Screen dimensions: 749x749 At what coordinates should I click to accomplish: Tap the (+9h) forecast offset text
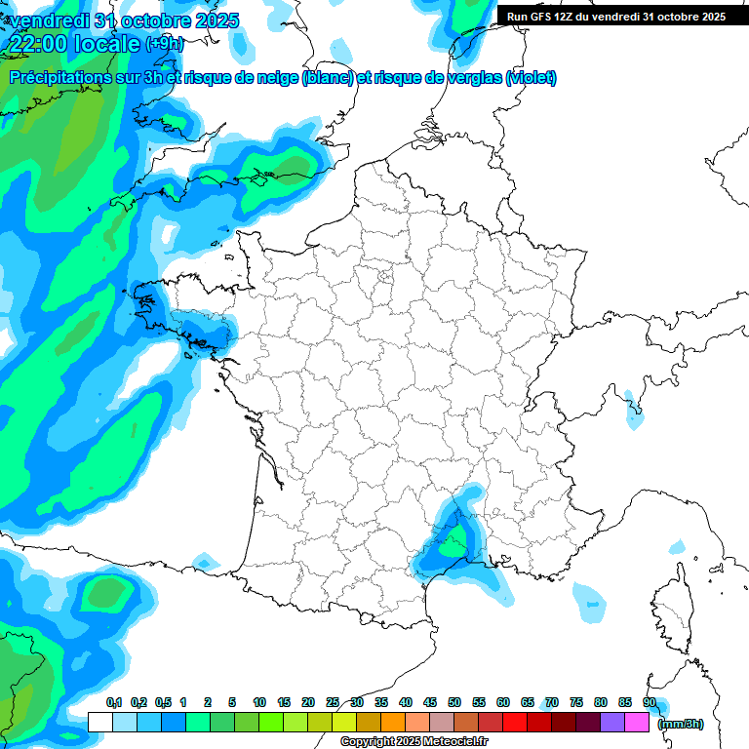coord(164,44)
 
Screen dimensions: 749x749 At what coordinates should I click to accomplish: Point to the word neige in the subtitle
coord(276,78)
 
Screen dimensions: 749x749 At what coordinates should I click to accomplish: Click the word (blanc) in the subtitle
coord(328,78)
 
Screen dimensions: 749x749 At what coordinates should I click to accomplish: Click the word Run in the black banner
coord(518,17)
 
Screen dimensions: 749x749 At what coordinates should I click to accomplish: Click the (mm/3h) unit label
coord(680,724)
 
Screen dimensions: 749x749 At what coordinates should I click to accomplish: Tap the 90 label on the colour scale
coord(649,702)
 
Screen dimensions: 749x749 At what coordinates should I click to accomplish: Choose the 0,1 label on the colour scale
coord(113,702)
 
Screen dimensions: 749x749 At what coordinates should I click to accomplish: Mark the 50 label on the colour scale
coord(454,702)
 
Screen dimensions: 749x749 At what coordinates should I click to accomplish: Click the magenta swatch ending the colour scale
coord(637,722)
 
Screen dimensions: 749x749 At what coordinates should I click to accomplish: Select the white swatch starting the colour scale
coord(99,722)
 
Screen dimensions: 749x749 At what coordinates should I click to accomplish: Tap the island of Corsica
coord(672,610)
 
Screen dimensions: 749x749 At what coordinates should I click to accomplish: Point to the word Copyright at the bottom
coord(367,742)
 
